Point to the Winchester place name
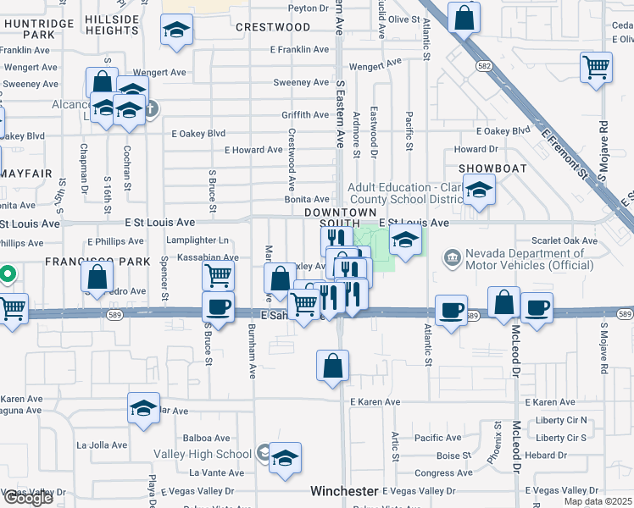(x=343, y=491)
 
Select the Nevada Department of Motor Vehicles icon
(x=451, y=256)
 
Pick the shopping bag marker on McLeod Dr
(x=504, y=301)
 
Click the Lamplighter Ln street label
(x=200, y=240)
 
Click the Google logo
(x=28, y=499)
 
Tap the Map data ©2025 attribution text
(x=598, y=501)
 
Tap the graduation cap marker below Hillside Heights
(x=177, y=31)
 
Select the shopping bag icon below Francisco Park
(x=97, y=275)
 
